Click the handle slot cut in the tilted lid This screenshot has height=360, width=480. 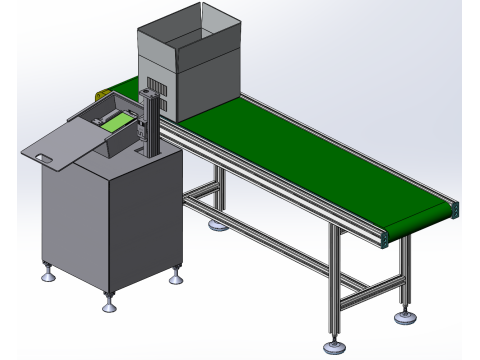42,156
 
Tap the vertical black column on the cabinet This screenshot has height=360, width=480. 151,120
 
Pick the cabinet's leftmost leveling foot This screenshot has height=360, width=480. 46,269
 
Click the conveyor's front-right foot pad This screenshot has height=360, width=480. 332,348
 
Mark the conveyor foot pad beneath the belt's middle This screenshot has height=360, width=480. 216,226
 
